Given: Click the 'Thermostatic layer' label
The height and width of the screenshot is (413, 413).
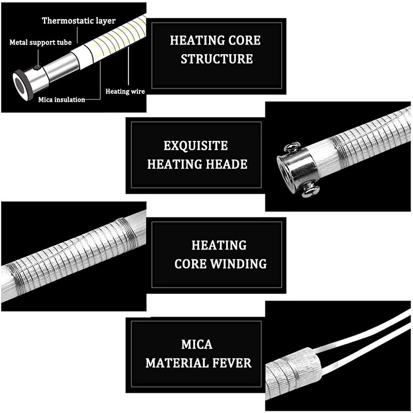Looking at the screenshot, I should tap(78, 21).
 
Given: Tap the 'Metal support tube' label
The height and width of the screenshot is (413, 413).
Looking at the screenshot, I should tap(40, 42).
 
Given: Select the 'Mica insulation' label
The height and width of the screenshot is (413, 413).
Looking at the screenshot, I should tap(61, 100).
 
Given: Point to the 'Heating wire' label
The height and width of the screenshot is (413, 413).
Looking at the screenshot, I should tap(125, 91).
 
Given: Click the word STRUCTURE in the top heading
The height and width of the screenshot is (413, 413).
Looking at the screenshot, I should tap(217, 58).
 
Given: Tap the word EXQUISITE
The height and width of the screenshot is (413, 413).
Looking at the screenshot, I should tap(196, 146).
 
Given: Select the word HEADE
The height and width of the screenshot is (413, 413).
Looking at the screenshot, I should tap(226, 164).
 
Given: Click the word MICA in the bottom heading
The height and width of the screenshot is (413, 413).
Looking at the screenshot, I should tap(197, 344).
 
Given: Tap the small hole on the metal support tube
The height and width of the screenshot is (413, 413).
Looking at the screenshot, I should tap(37, 68).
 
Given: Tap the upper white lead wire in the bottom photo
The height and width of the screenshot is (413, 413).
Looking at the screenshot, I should tap(361, 330).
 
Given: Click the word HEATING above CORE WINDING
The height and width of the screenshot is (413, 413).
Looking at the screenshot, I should tap(219, 245).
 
